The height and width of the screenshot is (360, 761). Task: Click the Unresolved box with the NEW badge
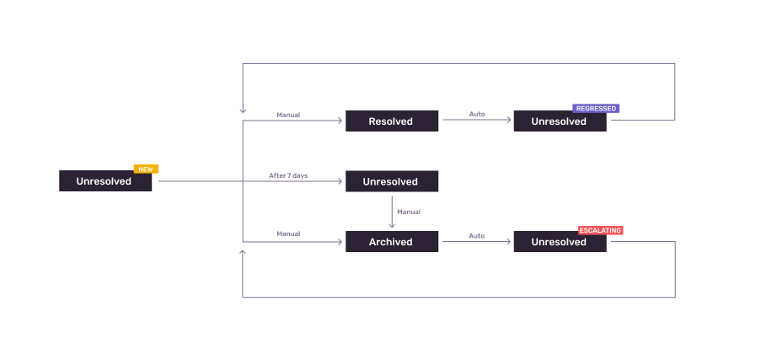(105, 180)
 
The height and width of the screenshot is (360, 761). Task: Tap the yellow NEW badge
(146, 169)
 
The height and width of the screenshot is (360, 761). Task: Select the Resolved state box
(391, 121)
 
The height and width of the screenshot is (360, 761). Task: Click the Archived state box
(391, 242)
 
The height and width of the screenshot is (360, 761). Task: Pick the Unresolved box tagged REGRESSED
(559, 121)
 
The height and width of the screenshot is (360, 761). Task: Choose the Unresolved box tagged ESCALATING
(559, 242)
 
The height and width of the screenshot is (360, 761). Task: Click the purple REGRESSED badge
(596, 109)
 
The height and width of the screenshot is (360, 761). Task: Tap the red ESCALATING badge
(600, 229)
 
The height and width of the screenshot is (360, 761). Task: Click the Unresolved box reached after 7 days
(391, 181)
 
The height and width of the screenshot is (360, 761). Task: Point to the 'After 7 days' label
(288, 175)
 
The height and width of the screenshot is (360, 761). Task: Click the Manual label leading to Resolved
(288, 115)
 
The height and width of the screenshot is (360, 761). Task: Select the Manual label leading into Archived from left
(288, 234)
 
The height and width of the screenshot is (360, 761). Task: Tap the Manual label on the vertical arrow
(409, 212)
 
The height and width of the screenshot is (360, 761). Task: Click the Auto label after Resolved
(477, 114)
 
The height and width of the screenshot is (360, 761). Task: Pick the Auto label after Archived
(477, 235)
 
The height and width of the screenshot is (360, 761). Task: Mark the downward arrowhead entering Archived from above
(392, 225)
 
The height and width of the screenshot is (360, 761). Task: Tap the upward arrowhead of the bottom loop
(243, 252)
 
